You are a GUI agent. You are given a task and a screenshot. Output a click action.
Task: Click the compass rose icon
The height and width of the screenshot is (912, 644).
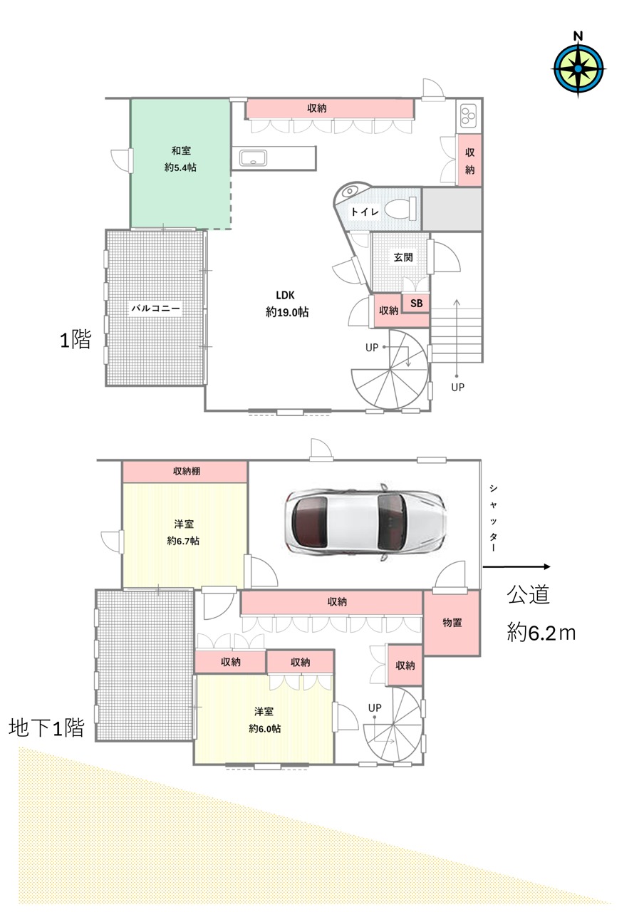(578, 69)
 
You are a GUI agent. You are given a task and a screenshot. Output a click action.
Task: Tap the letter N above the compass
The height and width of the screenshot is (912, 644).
(578, 36)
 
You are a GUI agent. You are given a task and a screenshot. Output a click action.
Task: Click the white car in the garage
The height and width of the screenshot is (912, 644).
(365, 522)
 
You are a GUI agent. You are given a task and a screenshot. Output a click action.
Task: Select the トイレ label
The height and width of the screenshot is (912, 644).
(365, 212)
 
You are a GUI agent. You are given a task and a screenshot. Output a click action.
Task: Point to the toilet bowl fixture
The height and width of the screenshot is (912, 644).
(401, 207)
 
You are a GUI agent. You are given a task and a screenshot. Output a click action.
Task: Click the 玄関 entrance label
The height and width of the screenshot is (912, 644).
(403, 257)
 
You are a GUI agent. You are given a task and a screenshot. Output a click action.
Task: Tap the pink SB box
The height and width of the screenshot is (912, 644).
(416, 303)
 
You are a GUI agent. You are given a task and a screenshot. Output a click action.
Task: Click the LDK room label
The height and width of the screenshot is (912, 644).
(285, 295)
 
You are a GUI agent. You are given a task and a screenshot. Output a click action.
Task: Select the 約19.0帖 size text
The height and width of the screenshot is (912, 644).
(287, 312)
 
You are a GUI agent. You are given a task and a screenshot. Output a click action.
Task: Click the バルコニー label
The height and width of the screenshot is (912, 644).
(155, 309)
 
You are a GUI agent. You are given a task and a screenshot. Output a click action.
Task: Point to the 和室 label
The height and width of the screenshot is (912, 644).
(181, 150)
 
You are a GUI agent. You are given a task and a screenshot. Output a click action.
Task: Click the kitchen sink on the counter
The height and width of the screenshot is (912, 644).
(253, 157)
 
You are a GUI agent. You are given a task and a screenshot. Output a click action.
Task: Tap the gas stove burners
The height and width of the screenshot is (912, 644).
(468, 115)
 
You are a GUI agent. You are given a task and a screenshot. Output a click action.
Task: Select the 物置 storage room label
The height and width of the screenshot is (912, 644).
(452, 622)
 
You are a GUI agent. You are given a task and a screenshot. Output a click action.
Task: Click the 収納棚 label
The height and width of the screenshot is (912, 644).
(187, 471)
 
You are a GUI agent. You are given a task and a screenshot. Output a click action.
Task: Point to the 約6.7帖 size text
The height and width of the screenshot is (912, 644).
(183, 541)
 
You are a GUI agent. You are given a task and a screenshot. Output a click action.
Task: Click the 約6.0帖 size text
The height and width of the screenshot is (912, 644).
(264, 728)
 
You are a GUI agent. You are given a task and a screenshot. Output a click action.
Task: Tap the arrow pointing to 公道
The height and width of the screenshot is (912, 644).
(516, 566)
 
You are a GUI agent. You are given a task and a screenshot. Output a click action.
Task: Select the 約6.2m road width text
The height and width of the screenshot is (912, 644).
(541, 633)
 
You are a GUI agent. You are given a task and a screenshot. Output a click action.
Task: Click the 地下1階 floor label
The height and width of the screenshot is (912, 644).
(46, 727)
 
